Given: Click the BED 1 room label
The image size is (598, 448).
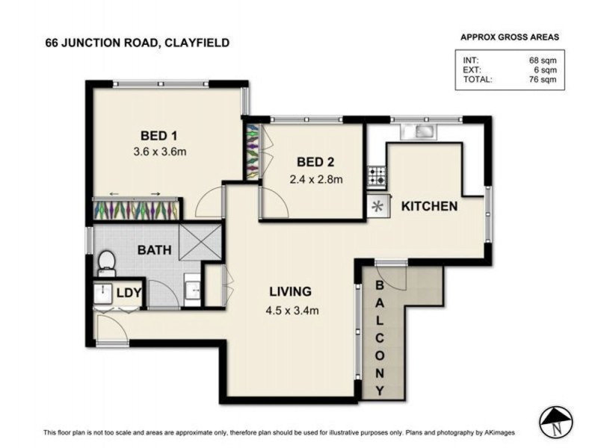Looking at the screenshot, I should pyautogui.click(x=158, y=136).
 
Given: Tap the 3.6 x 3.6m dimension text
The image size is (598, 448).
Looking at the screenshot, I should pyautogui.click(x=158, y=152).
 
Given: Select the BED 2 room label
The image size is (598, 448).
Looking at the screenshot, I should pyautogui.click(x=315, y=162).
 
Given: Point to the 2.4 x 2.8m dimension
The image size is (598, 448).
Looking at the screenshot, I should pyautogui.click(x=315, y=178).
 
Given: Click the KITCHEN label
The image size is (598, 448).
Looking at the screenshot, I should pyautogui.click(x=429, y=206).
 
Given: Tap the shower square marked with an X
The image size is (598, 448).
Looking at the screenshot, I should pyautogui.click(x=200, y=240).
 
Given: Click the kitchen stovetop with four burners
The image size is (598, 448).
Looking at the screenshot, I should pyautogui.click(x=377, y=177).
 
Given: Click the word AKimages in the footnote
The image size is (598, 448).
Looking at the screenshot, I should pyautogui.click(x=517, y=433).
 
